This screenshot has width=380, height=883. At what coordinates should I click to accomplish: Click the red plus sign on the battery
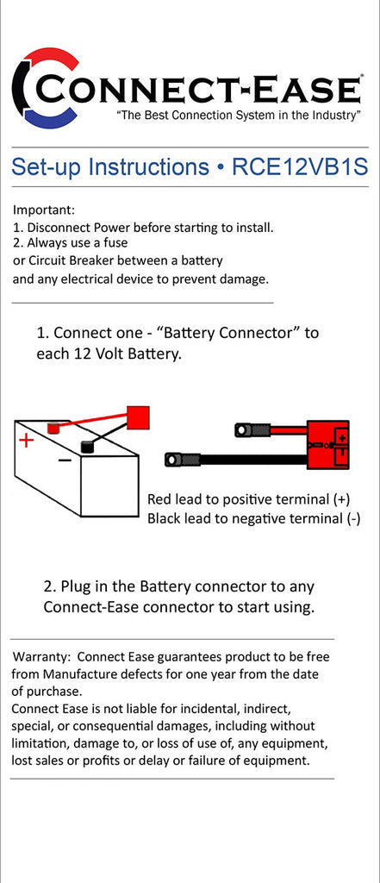coord(26,440)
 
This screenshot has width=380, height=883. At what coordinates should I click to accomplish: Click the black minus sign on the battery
coord(65,460)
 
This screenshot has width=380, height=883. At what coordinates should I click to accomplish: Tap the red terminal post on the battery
coord(53,428)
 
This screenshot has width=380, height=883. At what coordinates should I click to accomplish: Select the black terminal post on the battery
coord(87,446)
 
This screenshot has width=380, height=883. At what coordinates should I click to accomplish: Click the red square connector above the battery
coord(138,418)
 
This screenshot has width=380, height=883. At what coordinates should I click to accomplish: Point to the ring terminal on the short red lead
coord(243,431)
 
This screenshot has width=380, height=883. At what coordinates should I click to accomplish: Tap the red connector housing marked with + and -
coord(327,445)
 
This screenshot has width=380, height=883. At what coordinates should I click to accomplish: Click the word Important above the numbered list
coord(43,210)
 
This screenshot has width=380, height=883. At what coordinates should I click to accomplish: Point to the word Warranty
coord(42,656)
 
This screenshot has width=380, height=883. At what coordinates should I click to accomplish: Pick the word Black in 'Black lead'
coord(164,518)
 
